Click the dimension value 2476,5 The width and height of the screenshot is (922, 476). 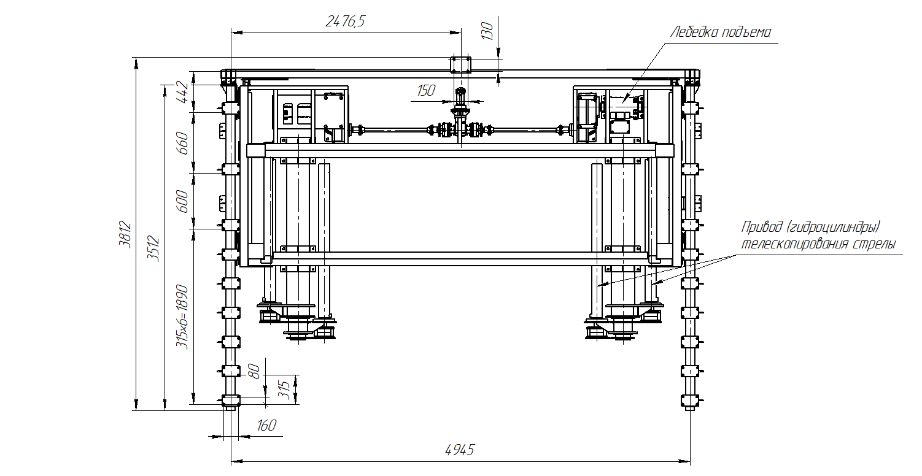pos(345,21)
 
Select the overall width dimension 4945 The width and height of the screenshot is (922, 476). pos(459,450)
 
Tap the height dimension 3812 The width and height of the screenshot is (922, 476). pos(125,234)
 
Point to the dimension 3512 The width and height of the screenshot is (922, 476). pos(153,248)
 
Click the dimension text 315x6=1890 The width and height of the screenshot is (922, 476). pos(182,317)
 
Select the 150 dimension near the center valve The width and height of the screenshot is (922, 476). pos(426,91)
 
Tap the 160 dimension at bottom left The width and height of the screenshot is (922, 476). pos(266,425)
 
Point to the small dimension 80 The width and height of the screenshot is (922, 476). pos(255,372)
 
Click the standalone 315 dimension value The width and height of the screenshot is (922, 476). pos(284,390)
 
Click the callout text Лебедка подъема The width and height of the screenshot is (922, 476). pos(721,32)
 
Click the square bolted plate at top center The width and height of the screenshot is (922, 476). pos(460,65)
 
